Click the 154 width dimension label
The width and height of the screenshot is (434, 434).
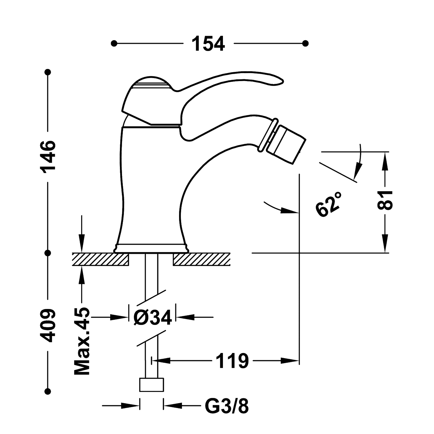coord(208,43)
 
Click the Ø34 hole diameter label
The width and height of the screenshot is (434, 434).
coord(153,317)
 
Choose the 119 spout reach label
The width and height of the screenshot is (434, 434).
coord(232,361)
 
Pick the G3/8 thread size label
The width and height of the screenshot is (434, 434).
coord(227,406)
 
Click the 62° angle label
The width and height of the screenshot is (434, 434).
coord(329,204)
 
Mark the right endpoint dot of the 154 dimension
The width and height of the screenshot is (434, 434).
coord(305,43)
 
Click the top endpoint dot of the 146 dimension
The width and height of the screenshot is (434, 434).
coord(48,72)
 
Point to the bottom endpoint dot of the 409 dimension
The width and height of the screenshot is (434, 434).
coord(48,391)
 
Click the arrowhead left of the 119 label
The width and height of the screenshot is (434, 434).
coord(160,361)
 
